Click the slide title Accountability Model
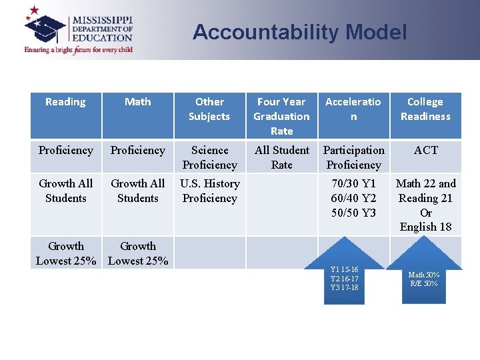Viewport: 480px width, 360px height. tap(299, 32)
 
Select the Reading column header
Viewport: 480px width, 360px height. tap(65, 102)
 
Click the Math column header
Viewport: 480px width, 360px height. tap(137, 102)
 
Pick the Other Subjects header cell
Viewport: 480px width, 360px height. tap(209, 109)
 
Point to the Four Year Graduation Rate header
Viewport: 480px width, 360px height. tap(281, 116)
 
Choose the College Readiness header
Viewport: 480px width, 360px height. tap(425, 109)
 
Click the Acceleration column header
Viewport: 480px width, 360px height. tap(353, 109)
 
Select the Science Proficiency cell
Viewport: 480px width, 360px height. tap(209, 157)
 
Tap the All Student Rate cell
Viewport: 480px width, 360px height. tap(281, 157)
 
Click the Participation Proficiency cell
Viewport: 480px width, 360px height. tap(353, 157)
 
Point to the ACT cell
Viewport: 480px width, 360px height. tap(425, 151)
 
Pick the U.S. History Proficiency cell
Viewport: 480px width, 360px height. tap(209, 191)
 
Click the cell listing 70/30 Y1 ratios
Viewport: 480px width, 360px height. tap(353, 198)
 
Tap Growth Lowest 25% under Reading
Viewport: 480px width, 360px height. tap(65, 253)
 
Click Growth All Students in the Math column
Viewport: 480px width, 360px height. tap(137, 191)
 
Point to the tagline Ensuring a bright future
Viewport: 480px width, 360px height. tap(79, 49)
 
